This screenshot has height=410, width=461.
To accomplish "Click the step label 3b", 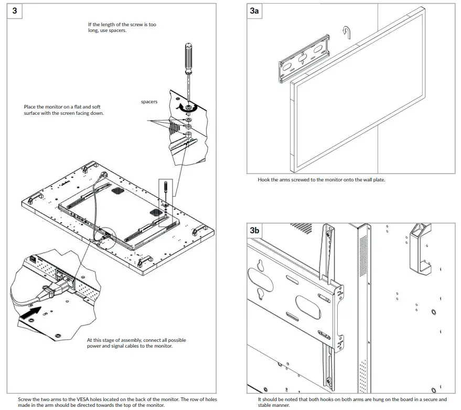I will (255, 230).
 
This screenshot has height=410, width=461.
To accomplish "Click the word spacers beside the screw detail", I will (149, 102).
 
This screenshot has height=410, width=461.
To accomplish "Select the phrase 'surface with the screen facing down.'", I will (63, 113).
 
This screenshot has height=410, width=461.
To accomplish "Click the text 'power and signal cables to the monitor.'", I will (130, 346).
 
